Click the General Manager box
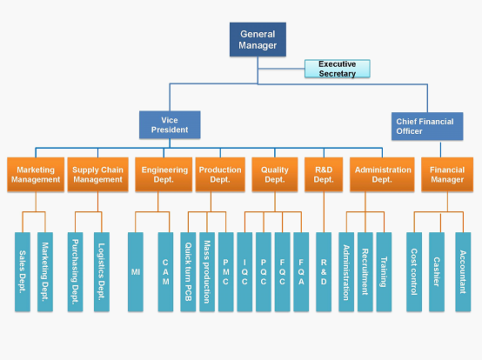[258, 39]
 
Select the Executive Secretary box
[338, 69]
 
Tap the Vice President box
[170, 124]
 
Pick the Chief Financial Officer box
[427, 126]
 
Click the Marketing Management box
[36, 175]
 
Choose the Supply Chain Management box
[97, 175]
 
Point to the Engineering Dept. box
[164, 175]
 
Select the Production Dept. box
[220, 175]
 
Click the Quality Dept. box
[275, 175]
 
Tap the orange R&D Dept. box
[324, 175]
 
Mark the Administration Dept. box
[382, 175]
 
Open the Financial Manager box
[447, 175]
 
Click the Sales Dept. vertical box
[23, 272]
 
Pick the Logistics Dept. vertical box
[102, 272]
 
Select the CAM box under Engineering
[165, 272]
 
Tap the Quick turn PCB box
[188, 272]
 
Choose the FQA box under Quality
[301, 272]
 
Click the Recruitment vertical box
[365, 272]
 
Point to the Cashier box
[437, 272]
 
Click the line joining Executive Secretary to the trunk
[281, 69]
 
